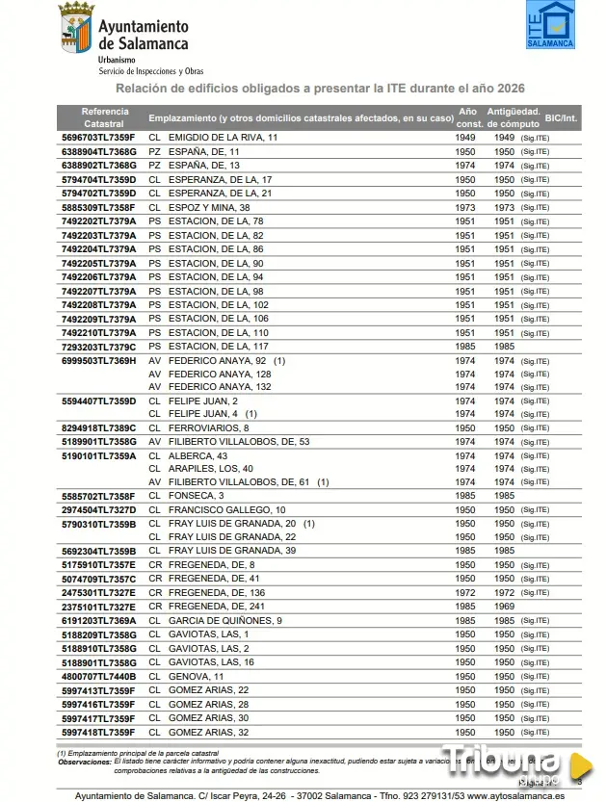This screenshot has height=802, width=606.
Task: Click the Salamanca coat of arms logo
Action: click(x=76, y=29)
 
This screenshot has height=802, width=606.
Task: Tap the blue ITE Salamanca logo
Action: click(x=550, y=25)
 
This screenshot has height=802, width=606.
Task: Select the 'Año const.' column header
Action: click(x=468, y=117)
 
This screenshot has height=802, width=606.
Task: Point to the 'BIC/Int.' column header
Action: click(x=561, y=118)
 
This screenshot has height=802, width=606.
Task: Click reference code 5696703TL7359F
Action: click(x=98, y=138)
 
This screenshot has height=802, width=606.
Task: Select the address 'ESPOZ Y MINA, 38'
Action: click(x=209, y=207)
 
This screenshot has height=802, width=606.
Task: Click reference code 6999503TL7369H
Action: click(x=99, y=360)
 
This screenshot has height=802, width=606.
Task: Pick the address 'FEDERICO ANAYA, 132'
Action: click(x=220, y=387)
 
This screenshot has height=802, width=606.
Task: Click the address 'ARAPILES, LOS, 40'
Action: click(x=210, y=468)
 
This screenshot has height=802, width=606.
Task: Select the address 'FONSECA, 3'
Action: click(x=196, y=496)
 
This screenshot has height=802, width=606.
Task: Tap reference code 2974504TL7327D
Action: click(x=99, y=509)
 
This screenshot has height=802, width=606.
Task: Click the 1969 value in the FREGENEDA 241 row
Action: click(x=505, y=607)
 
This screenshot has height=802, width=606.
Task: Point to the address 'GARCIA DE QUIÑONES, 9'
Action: click(x=224, y=621)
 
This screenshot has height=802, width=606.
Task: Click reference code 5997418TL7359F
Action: click(x=98, y=732)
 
